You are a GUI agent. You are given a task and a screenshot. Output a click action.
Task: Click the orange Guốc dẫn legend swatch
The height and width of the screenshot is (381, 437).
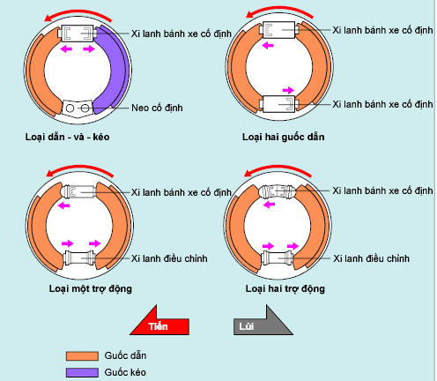point(82,355)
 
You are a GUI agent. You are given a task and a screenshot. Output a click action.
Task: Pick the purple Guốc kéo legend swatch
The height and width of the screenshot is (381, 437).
point(82,372)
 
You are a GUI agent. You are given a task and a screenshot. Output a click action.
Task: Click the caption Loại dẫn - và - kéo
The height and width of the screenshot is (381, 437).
point(67,137)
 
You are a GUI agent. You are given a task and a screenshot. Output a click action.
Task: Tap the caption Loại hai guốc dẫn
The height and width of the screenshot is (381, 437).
point(284,137)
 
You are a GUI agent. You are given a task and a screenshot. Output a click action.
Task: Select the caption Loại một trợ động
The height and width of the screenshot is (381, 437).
point(91,288)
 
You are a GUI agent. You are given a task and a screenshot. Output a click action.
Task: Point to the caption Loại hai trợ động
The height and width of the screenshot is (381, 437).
point(285,288)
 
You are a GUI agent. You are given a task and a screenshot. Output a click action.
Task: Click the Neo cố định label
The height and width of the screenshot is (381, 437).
point(157,108)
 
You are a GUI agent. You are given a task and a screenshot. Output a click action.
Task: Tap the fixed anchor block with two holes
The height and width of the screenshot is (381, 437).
point(78,108)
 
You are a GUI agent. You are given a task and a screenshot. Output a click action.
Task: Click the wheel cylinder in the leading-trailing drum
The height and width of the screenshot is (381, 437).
point(78,34)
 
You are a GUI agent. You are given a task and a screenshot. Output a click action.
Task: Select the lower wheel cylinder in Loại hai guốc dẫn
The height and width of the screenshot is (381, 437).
point(279,104)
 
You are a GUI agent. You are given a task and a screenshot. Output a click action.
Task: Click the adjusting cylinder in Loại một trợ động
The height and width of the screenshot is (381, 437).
point(79,258)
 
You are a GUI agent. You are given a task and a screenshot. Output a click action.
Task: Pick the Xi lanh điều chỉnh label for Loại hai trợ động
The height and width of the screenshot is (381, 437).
point(371,258)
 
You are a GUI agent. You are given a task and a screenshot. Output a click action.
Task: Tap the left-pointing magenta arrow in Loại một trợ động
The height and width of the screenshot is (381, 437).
point(63,205)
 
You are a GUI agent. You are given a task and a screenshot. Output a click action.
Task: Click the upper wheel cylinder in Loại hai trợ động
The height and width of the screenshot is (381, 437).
point(277,192)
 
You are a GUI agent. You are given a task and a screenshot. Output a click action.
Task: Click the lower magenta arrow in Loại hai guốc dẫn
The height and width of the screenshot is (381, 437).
point(288,90)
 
